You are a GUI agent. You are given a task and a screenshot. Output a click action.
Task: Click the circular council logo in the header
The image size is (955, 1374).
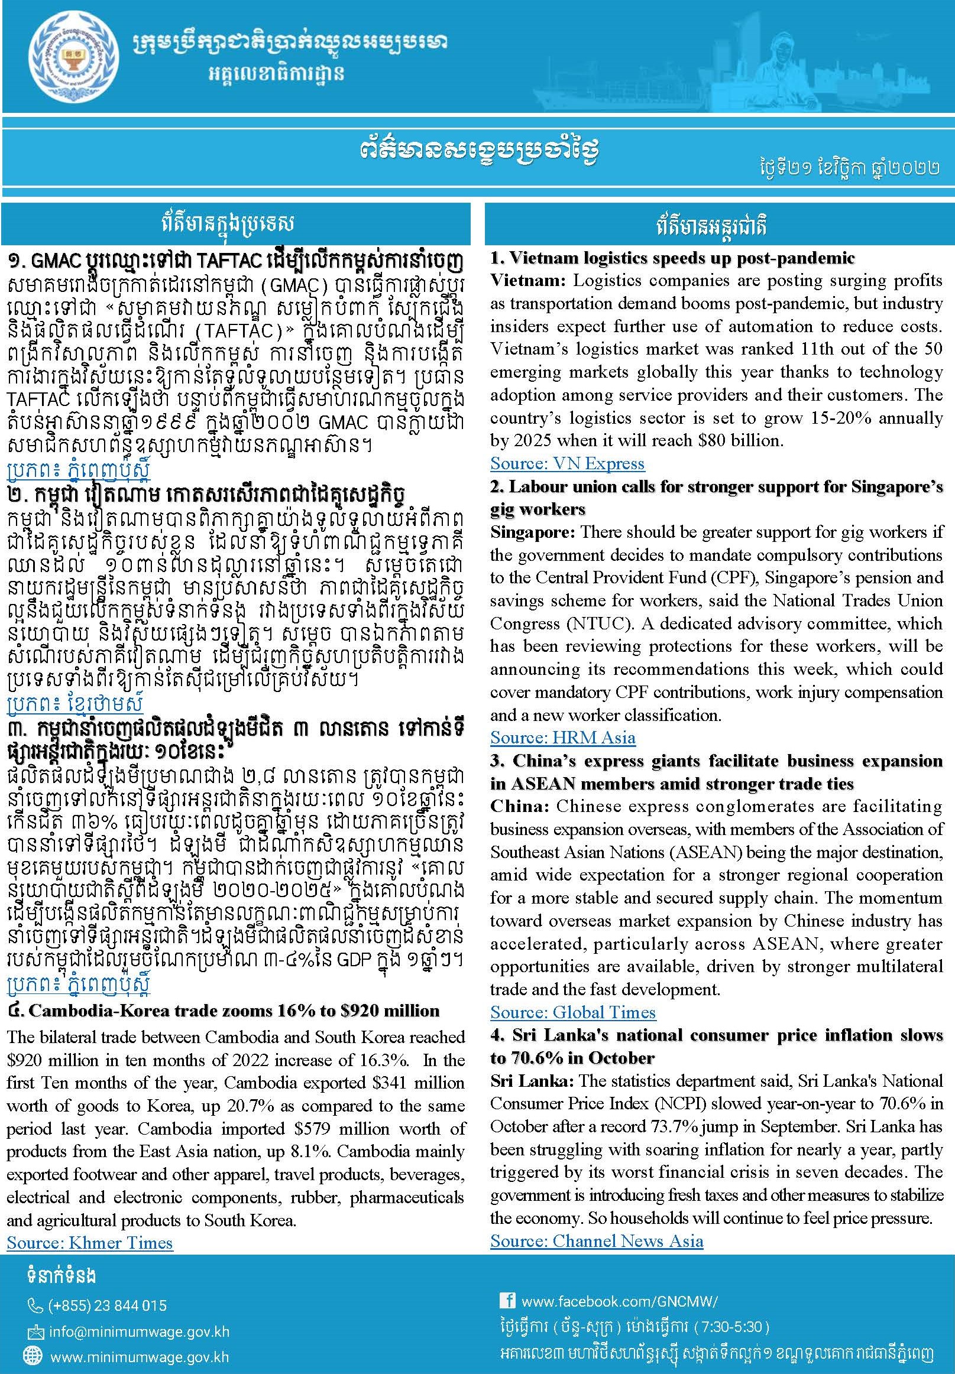(67, 58)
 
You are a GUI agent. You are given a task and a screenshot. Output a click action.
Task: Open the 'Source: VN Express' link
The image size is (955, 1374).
(566, 463)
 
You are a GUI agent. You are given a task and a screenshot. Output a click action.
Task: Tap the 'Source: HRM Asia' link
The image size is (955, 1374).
(562, 738)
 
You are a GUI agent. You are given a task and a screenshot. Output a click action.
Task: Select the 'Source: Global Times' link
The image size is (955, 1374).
(572, 1012)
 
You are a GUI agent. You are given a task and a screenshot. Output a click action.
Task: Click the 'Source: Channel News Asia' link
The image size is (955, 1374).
(596, 1241)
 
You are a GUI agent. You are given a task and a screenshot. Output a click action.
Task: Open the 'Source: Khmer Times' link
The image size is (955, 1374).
(90, 1243)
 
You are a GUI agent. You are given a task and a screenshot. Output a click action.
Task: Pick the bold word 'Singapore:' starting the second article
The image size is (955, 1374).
(533, 532)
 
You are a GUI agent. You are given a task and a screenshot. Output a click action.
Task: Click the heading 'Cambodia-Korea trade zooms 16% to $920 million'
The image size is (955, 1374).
(234, 1011)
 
